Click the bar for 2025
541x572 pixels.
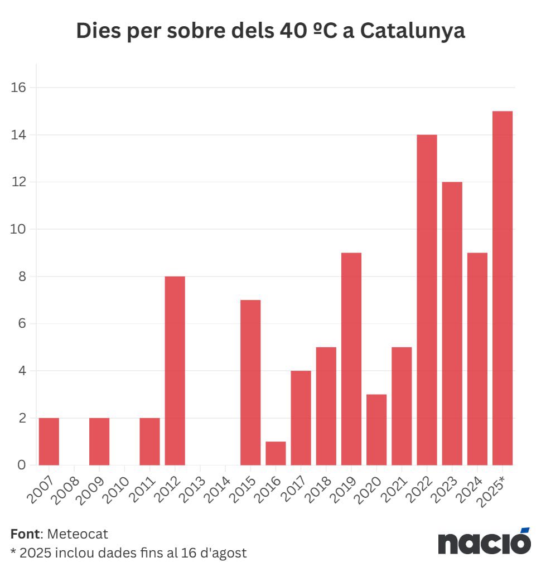click(x=502, y=288)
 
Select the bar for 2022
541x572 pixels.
click(x=427, y=299)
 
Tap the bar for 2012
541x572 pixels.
click(x=175, y=370)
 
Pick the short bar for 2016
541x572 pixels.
click(x=276, y=453)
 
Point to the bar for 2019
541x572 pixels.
click(x=351, y=358)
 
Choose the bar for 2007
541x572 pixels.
click(x=49, y=441)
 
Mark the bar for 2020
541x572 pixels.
click(x=376, y=429)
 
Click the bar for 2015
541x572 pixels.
click(x=250, y=382)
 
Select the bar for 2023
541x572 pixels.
click(x=452, y=323)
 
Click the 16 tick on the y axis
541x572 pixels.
click(x=18, y=88)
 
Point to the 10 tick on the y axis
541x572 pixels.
click(x=18, y=229)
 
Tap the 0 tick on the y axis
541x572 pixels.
click(x=21, y=465)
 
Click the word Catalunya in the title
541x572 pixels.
click(x=412, y=31)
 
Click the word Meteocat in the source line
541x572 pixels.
click(x=78, y=534)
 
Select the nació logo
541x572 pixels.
click(x=484, y=541)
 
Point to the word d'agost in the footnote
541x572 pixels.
click(x=222, y=553)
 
